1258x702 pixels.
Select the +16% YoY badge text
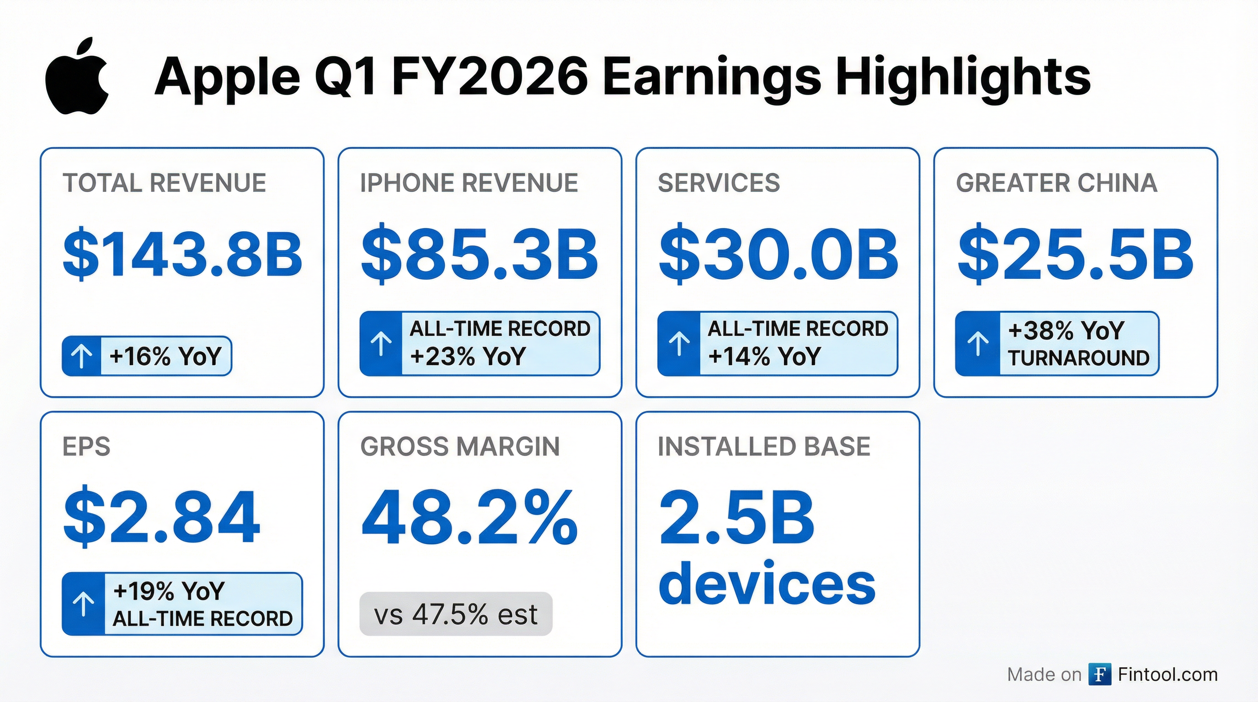[x=165, y=356]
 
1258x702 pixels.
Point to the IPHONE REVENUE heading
[x=469, y=183]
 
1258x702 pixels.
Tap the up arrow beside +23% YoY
[x=381, y=344]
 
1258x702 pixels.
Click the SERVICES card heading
[x=719, y=183]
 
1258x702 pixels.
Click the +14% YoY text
[x=764, y=356]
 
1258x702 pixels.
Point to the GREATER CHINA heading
[x=1056, y=183]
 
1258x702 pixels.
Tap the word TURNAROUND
[x=1078, y=358]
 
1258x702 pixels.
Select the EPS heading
[x=86, y=447]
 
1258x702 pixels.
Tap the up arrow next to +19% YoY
[x=84, y=604]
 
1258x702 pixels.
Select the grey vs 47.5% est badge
[x=456, y=614]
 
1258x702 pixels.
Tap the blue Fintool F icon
[x=1100, y=675]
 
